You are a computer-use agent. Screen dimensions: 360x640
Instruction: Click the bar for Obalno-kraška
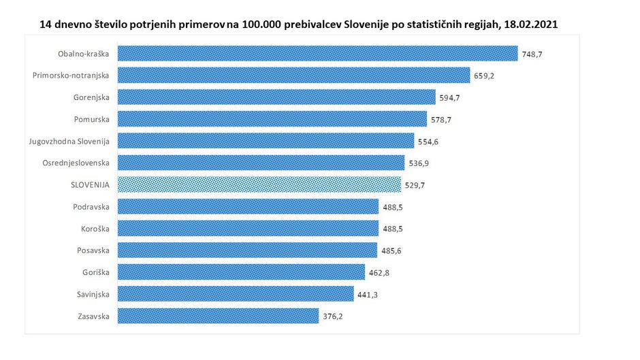(318, 53)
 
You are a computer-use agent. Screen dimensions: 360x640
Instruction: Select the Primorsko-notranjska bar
(294, 75)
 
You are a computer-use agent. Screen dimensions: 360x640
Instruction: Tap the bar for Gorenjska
(276, 97)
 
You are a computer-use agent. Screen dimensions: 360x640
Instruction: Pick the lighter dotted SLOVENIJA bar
(259, 184)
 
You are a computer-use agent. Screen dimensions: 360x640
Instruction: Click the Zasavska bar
(218, 316)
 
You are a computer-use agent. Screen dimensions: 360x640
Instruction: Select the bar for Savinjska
(236, 294)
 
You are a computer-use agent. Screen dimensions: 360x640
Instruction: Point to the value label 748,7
(531, 54)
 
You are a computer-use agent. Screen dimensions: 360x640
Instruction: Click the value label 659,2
(483, 76)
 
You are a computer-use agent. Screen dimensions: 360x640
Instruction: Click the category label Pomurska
(91, 119)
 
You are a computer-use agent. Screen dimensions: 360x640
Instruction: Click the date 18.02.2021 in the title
(532, 24)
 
